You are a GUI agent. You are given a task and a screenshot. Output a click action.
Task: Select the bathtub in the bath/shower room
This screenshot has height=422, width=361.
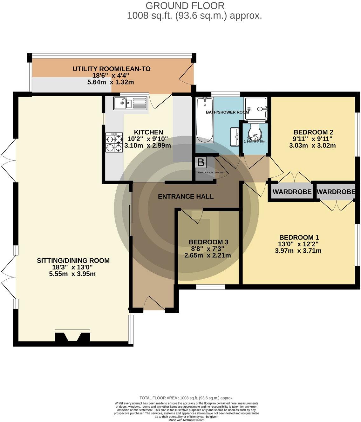coord(205,120)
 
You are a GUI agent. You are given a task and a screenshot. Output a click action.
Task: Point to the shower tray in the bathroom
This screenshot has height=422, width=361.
coord(256,108)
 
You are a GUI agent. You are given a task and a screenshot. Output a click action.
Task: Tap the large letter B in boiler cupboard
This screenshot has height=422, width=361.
coord(201,163)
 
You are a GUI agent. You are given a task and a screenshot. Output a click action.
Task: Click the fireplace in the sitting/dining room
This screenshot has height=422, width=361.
coord(73,337)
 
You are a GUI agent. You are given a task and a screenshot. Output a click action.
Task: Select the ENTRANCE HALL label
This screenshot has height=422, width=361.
coord(186,196)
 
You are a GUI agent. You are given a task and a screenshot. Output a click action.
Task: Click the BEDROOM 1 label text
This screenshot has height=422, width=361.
coord(299,237)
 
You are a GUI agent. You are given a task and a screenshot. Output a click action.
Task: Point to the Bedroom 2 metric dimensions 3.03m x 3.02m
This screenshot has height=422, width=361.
coord(312,146)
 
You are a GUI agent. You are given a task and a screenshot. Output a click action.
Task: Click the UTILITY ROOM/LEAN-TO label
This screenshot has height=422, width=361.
coord(111,69)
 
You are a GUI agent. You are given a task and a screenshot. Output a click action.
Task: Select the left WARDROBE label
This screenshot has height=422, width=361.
coord(292,192)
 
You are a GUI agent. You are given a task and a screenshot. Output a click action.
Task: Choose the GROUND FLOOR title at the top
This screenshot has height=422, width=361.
coord(185,5)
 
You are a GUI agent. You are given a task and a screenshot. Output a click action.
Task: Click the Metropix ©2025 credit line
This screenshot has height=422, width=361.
coord(187,420)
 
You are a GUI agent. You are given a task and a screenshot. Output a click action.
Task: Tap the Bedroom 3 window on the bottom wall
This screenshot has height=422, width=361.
coord(210,287)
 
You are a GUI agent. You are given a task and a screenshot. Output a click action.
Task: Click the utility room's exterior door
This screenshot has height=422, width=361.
coord(187,74)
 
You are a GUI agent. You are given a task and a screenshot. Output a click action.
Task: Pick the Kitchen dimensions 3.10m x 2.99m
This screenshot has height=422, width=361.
coord(147,146)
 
